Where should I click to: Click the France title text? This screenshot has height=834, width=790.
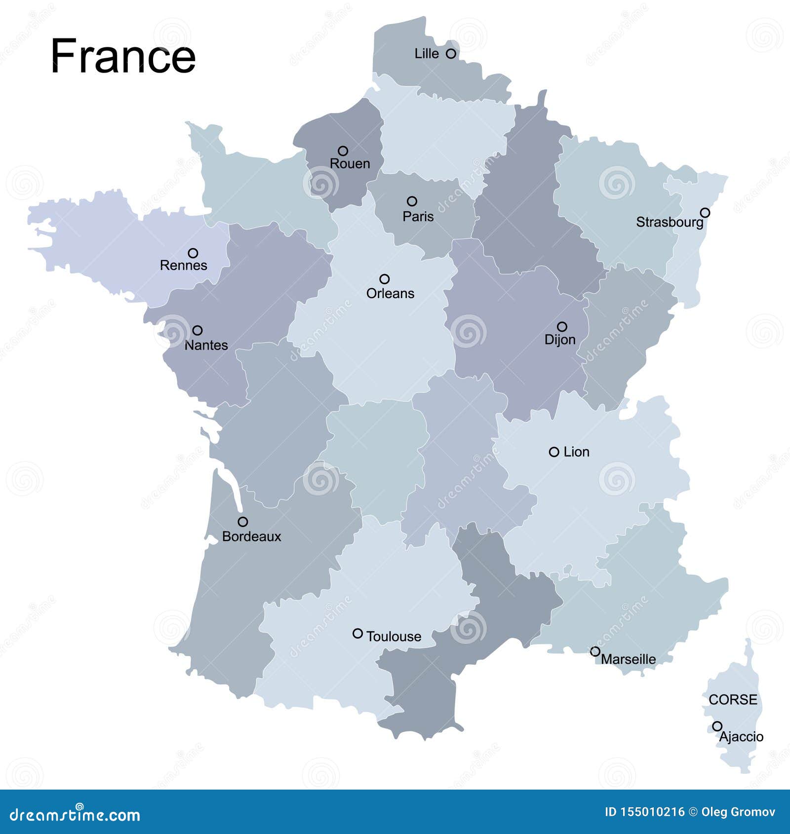point(123,56)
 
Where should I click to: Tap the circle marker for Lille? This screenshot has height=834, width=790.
point(451,53)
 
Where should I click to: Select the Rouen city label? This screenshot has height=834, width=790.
point(350,163)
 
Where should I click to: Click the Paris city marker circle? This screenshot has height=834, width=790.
point(412,201)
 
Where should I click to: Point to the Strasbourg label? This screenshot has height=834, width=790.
point(669,222)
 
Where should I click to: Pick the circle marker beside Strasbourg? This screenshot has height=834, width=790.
point(705,212)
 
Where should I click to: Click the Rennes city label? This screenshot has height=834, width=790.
point(183,265)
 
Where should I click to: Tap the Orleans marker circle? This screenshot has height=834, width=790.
point(384,279)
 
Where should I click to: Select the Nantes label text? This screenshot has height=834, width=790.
point(206,345)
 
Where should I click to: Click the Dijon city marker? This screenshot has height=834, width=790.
point(562,326)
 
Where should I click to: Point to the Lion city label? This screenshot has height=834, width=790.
point(576,452)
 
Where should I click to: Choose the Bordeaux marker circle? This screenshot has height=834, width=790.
point(242,522)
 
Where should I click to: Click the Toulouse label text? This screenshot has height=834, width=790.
point(394,637)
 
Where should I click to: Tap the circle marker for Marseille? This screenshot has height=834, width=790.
point(595,651)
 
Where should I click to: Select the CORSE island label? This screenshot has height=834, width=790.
point(733,699)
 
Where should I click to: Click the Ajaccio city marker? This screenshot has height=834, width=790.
point(717,726)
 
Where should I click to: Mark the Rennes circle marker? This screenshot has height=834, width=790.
point(193,253)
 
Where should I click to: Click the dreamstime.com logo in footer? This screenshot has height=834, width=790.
point(75,815)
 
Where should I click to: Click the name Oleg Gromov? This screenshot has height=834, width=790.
point(738,812)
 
